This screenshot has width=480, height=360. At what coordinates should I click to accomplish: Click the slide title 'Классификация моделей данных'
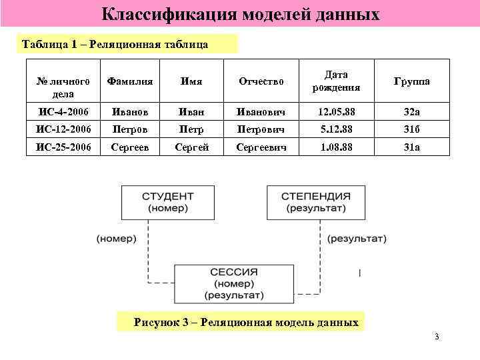click(x=241, y=13)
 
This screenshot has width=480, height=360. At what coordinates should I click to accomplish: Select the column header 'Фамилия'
click(x=131, y=81)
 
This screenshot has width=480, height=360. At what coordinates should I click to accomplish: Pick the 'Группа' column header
click(x=411, y=81)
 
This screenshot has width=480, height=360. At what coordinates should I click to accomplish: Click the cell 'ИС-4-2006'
click(x=63, y=109)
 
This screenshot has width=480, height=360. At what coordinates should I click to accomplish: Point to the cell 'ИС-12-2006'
click(x=63, y=128)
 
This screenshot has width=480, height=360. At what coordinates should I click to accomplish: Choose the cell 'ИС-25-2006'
click(x=63, y=146)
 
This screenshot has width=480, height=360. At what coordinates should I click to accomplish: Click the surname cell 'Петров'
click(x=131, y=128)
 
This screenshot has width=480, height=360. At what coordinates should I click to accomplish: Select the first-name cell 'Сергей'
click(x=190, y=146)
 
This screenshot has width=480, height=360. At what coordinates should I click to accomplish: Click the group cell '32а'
click(x=411, y=109)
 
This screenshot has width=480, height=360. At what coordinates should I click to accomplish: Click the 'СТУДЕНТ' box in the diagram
click(x=167, y=202)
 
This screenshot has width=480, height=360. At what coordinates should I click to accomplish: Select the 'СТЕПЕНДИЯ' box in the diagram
click(x=315, y=202)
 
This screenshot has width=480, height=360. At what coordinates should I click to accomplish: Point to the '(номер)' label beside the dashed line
click(x=116, y=238)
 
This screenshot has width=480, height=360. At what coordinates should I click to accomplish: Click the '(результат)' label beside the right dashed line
click(x=356, y=238)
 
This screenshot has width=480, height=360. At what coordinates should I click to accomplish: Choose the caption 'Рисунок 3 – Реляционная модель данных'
click(x=246, y=323)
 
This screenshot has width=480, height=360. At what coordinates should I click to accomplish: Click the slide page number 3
click(x=437, y=337)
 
